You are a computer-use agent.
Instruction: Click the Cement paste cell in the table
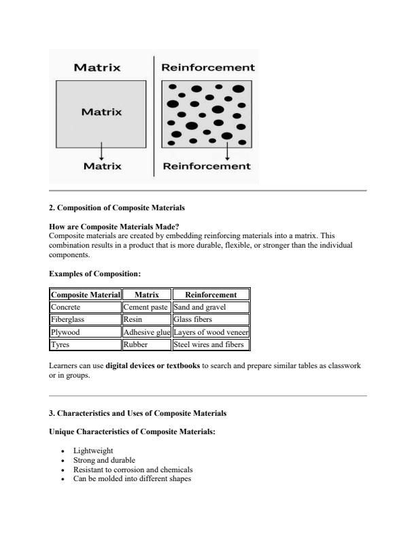click(x=145, y=307)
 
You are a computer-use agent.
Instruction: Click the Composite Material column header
click(x=85, y=295)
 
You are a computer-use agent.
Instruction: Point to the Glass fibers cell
click(x=193, y=319)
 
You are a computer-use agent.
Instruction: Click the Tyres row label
click(x=60, y=344)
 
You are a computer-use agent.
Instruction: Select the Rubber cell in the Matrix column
click(x=135, y=344)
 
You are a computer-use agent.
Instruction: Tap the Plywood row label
click(x=65, y=332)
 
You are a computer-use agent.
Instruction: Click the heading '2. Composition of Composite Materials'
click(x=117, y=207)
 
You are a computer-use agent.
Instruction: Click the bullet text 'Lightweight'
click(x=94, y=451)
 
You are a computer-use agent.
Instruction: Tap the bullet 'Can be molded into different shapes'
click(x=131, y=478)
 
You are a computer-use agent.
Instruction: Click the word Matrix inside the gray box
click(x=101, y=112)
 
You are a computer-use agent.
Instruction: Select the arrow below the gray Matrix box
click(x=101, y=150)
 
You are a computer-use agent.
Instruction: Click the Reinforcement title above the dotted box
click(x=207, y=67)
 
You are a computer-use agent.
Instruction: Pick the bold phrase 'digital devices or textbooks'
click(x=153, y=365)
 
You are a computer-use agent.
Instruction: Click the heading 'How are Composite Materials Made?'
click(x=114, y=227)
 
